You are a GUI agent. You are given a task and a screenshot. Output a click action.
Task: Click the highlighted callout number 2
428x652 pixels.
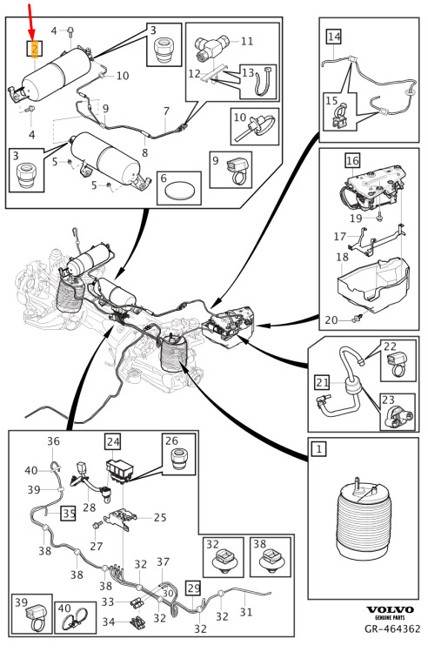click(x=35, y=50)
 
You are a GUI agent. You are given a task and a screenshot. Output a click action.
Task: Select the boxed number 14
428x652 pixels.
click(x=334, y=37)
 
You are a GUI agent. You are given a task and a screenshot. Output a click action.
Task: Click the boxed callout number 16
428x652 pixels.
click(x=352, y=160)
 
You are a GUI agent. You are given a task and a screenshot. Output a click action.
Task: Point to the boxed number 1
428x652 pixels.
click(x=319, y=448)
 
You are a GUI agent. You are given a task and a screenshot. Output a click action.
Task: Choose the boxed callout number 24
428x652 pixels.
click(x=113, y=441)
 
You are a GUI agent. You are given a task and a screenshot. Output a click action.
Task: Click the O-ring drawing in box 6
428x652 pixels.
click(x=178, y=192)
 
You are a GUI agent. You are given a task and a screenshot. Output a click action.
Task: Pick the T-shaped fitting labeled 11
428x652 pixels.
click(x=211, y=47)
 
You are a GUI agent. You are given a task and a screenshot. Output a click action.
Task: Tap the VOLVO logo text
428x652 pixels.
click(x=390, y=609)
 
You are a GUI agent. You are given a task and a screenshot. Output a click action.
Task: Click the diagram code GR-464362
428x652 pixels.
click(x=392, y=628)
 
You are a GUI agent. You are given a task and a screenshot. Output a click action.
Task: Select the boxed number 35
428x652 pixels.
click(x=69, y=513)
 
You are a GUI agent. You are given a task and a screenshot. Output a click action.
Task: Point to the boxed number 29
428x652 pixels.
click(x=194, y=588)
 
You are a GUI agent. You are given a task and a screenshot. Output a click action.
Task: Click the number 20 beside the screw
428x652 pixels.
click(x=331, y=319)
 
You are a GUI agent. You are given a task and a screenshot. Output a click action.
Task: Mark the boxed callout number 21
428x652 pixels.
click(x=323, y=382)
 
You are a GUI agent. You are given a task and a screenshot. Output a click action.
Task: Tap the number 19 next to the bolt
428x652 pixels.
click(x=356, y=218)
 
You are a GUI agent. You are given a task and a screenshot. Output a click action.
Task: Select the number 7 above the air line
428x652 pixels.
click(x=166, y=111)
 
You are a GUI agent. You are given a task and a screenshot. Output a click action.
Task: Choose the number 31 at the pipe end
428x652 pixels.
click(x=246, y=612)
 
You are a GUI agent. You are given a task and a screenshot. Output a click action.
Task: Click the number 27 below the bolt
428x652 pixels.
click(x=96, y=546)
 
